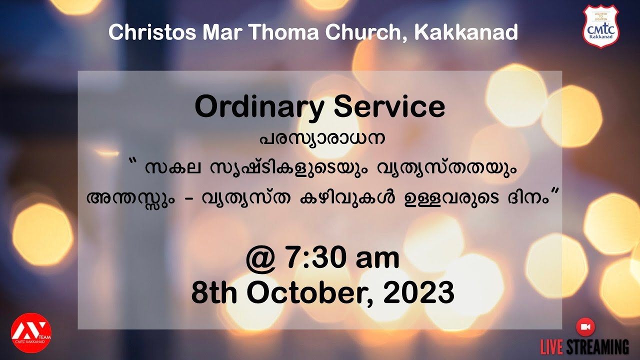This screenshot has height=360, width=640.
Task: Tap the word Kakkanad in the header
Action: coord(466,32)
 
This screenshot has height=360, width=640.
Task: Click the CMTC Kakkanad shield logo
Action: coord(600,26)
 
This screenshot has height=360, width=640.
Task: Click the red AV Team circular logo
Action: coord(31,332)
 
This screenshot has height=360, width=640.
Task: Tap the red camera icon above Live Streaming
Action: coord(585,326)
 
